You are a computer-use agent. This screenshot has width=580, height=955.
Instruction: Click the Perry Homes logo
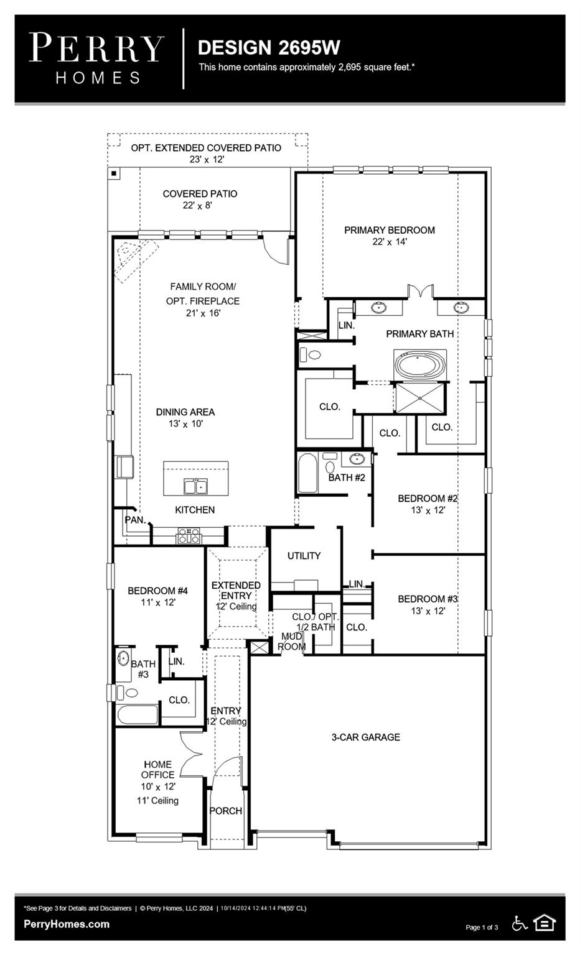[x=96, y=58]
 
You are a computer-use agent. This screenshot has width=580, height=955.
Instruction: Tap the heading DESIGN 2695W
[x=269, y=48]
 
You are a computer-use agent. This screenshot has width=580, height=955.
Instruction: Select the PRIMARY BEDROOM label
[x=390, y=231]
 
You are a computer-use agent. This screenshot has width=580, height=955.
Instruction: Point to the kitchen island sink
[x=195, y=486]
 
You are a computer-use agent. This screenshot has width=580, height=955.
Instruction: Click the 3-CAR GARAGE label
[x=365, y=737]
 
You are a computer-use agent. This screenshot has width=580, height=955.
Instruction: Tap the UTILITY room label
[x=304, y=556]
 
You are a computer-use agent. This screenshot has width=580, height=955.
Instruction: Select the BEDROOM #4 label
[x=157, y=591]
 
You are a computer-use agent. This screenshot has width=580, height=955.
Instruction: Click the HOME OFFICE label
[x=157, y=770]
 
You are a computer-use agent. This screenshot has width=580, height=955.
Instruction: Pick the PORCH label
[x=225, y=811]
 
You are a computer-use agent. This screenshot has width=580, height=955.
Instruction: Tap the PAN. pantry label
[x=135, y=520]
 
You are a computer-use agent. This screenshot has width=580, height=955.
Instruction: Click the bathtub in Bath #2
[x=307, y=473]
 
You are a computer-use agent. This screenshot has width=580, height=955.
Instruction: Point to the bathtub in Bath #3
[x=138, y=714]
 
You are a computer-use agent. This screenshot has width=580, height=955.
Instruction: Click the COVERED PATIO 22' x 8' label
[x=200, y=199]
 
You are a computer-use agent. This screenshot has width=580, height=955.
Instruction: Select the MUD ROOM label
[x=291, y=641]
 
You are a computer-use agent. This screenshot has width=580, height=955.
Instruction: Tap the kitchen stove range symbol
[x=189, y=536]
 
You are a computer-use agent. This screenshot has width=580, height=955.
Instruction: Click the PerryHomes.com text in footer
[x=67, y=924]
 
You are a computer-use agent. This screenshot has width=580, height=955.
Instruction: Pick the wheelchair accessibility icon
[x=519, y=923]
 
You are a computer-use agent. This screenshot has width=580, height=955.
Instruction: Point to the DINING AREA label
[x=185, y=412]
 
